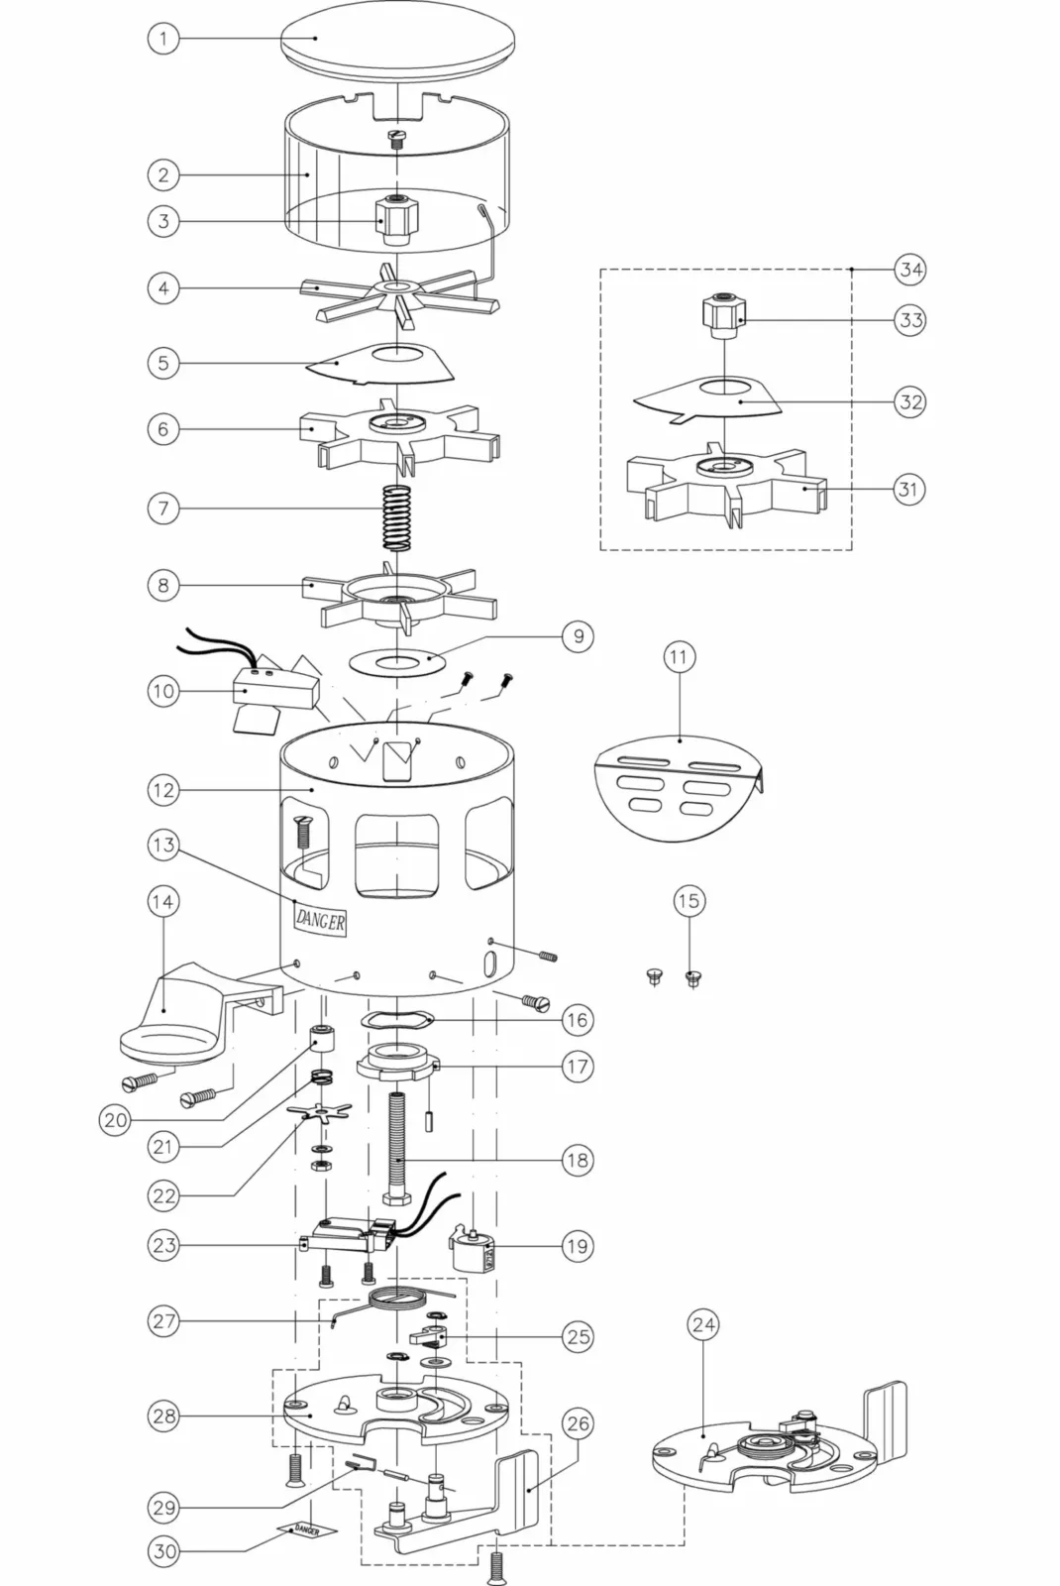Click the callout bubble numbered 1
click(x=163, y=38)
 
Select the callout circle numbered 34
click(x=910, y=270)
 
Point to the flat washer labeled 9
click(x=397, y=663)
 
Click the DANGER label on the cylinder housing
click(x=321, y=921)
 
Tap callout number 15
click(x=689, y=901)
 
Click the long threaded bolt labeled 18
click(x=397, y=1150)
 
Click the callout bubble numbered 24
click(x=703, y=1324)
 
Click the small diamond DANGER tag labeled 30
click(x=306, y=1530)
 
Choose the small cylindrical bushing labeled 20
click(x=323, y=1037)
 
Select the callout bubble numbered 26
click(x=578, y=1423)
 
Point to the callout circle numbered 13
click(x=163, y=845)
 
